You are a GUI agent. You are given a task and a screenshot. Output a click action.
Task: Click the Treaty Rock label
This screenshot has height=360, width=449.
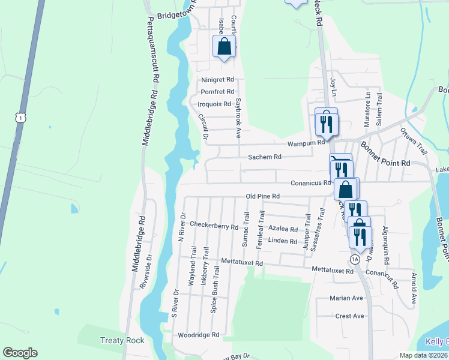tap(122, 341)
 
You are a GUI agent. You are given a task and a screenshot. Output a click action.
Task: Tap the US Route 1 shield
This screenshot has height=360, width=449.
tap(22, 118)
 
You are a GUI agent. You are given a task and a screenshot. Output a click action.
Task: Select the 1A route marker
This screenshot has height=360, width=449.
tap(355, 259)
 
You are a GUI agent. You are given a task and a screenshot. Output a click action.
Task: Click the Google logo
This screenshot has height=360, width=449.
tap(20, 353)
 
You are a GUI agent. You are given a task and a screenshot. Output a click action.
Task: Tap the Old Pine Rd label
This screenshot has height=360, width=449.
tap(263, 196)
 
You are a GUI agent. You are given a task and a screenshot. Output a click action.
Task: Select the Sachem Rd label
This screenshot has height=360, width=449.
tap(265, 157)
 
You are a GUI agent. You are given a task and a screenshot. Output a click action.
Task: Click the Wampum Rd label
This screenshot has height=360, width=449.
tap(306, 144)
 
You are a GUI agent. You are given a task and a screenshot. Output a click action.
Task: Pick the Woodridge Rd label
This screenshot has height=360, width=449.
tap(197, 335)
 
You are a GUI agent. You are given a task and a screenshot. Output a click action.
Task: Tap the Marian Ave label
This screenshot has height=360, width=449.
tap(346, 298)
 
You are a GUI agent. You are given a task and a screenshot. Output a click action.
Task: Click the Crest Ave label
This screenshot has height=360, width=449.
tap(350, 316)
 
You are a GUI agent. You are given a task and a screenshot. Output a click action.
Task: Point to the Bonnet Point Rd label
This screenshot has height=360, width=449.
tap(385, 155)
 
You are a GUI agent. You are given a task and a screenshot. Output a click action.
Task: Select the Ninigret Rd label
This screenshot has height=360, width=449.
tap(217, 79)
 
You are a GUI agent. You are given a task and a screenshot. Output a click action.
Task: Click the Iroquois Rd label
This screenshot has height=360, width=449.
tap(214, 104)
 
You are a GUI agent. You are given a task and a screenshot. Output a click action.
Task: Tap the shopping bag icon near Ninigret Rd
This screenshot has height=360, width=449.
tap(224, 46)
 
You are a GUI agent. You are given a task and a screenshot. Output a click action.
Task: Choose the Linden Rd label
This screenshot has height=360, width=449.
tap(283, 241)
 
